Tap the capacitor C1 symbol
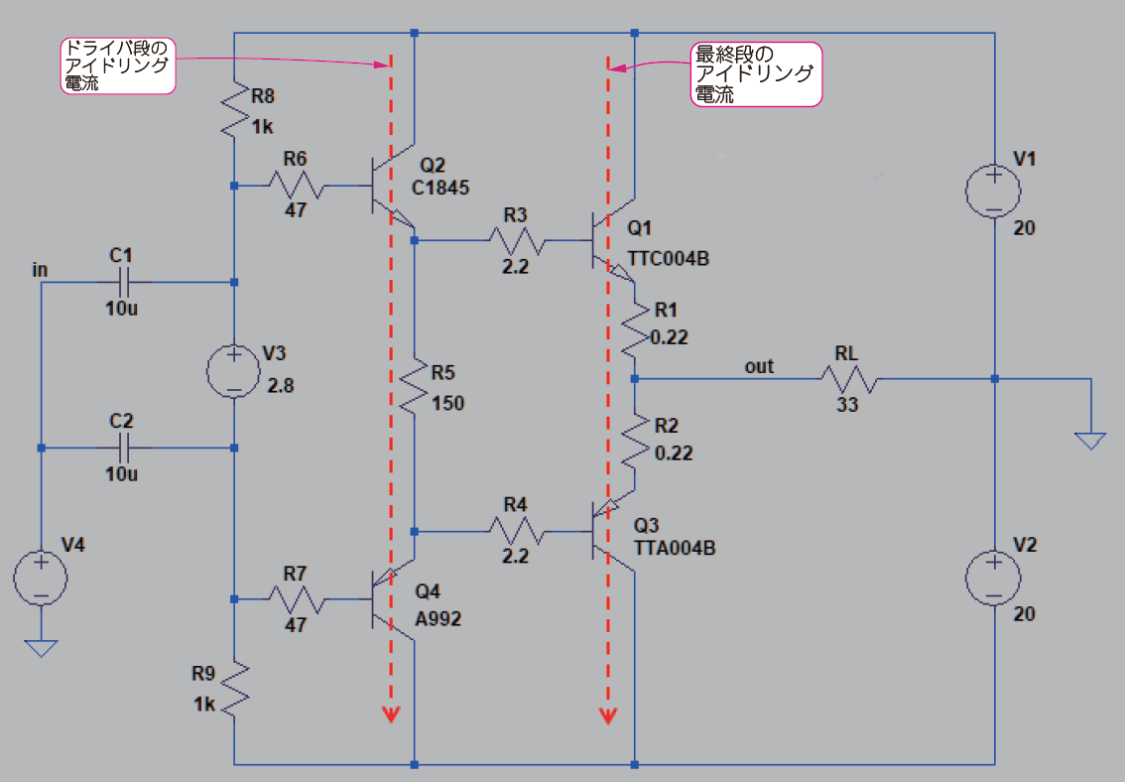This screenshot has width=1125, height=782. point(122,283)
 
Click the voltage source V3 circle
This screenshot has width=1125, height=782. point(234,371)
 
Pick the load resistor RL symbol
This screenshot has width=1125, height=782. point(848,378)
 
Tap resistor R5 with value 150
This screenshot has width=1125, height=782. point(415,386)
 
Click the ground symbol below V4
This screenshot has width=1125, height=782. point(42,648)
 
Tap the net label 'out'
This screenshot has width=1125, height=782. point(759,367)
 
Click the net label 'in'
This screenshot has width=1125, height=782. point(40,269)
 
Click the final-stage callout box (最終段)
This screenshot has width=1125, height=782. point(756,73)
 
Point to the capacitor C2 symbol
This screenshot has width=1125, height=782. point(122,448)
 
